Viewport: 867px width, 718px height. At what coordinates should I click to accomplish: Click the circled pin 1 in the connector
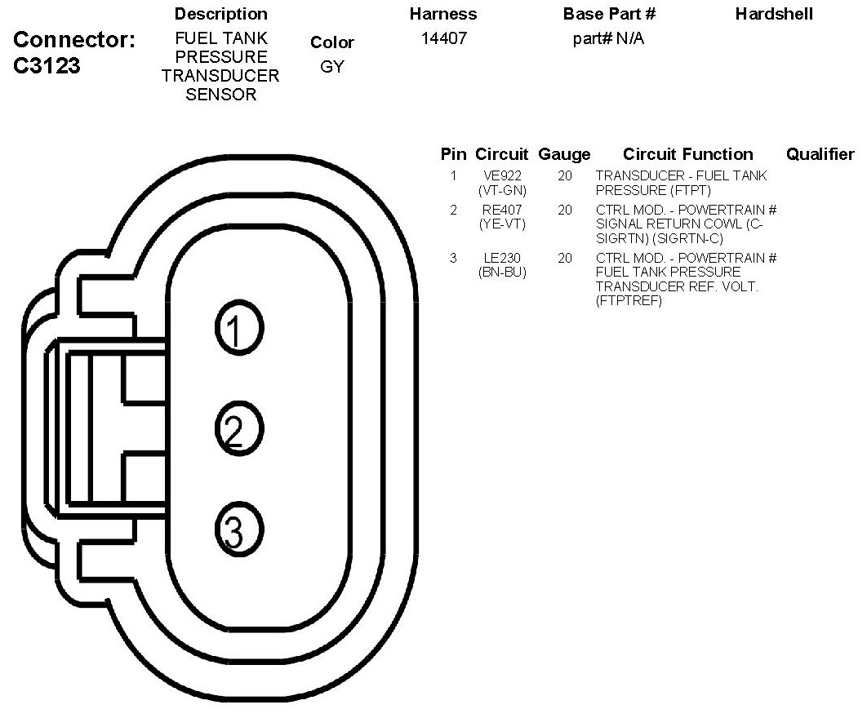(x=239, y=328)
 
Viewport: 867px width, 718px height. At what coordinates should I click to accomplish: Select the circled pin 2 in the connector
(x=239, y=428)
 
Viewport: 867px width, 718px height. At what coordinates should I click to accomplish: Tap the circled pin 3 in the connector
(x=239, y=529)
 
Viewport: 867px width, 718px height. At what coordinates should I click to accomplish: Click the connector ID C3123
(x=47, y=65)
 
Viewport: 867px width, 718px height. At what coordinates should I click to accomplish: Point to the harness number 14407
(x=444, y=38)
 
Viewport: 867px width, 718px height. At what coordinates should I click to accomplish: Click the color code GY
(x=331, y=66)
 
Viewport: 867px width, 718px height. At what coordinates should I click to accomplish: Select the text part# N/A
(x=608, y=38)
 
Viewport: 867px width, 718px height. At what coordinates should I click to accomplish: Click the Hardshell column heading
(x=774, y=14)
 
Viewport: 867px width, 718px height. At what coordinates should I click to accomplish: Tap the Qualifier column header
(x=820, y=153)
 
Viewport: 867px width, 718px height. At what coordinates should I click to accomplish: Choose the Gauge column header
(x=564, y=154)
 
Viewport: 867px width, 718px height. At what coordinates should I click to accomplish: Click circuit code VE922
(x=502, y=175)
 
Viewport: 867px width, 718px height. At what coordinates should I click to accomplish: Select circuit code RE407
(x=502, y=210)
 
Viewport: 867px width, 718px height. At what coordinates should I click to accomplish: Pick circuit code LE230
(x=502, y=258)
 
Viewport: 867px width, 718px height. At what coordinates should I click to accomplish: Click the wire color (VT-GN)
(x=502, y=190)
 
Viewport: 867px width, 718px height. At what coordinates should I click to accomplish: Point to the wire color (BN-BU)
(x=502, y=272)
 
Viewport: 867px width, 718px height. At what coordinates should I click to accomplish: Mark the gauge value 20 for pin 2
(x=565, y=210)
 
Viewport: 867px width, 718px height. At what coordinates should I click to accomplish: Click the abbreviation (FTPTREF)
(x=629, y=301)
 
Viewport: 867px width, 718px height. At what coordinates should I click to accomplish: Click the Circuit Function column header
(x=688, y=153)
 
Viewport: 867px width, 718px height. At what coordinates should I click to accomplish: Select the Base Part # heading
(x=609, y=14)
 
